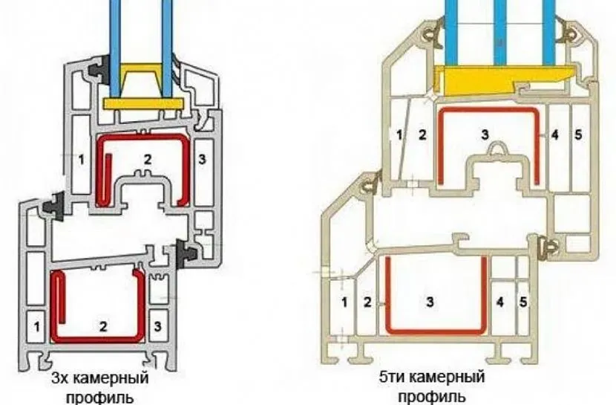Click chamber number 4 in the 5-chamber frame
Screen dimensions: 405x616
(x=499, y=302)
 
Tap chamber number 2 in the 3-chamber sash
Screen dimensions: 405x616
(x=147, y=158)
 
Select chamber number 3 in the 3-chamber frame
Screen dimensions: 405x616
(x=157, y=325)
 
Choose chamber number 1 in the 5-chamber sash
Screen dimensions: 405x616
(x=399, y=135)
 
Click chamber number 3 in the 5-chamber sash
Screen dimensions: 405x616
(x=485, y=135)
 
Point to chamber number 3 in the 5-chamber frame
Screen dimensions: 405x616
(x=429, y=302)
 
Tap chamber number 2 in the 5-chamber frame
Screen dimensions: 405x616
(x=367, y=302)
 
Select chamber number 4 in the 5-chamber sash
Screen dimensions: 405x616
(x=554, y=135)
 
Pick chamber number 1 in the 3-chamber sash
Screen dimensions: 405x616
(x=79, y=158)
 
